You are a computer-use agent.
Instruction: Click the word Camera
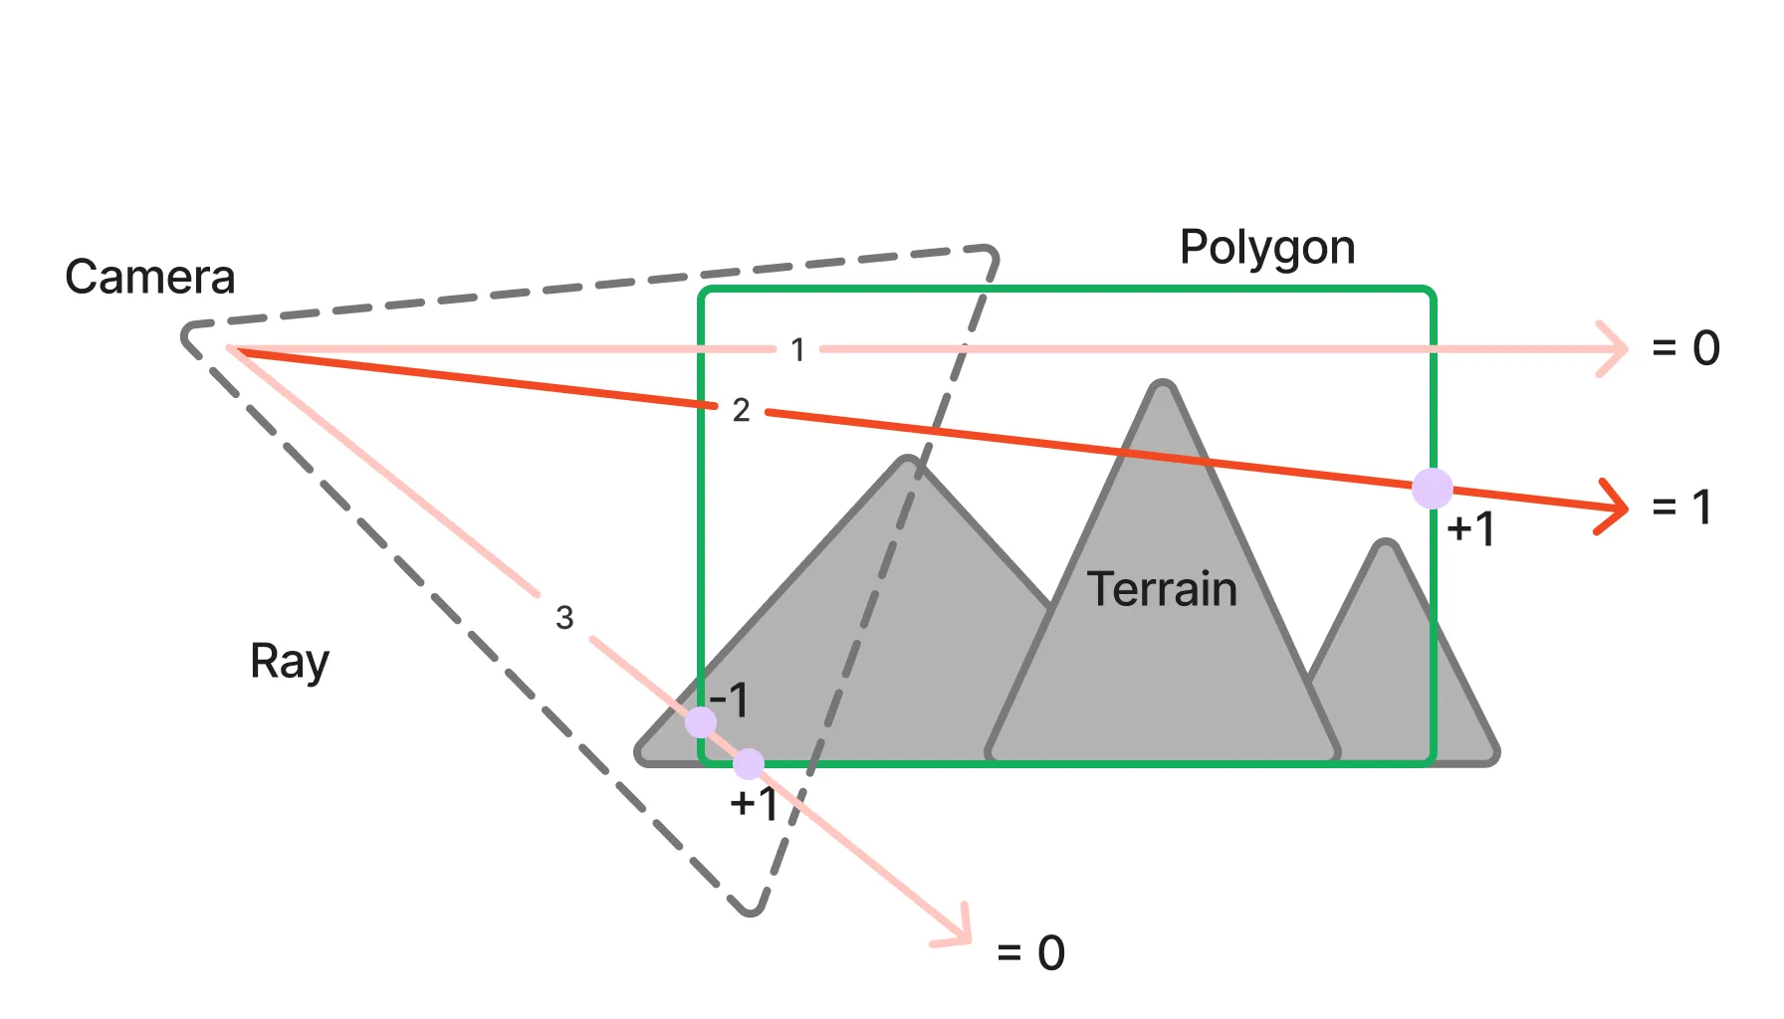149,277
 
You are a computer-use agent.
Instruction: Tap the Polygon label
1266,247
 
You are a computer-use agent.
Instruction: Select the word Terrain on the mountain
1161,589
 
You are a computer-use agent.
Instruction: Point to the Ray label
289,662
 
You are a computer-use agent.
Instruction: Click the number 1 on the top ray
797,349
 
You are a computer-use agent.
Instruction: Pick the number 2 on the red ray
741,410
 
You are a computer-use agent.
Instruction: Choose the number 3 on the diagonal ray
564,618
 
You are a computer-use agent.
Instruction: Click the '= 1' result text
1681,508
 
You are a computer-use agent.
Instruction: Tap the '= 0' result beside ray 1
1685,348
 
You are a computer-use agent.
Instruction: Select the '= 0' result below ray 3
1030,953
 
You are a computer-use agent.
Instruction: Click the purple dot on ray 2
1433,489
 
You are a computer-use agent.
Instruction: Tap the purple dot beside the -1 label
701,722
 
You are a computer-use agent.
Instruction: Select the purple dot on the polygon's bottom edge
749,764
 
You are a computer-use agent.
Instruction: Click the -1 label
729,701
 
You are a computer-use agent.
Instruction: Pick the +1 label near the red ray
1470,528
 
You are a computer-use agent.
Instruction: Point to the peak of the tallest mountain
1162,387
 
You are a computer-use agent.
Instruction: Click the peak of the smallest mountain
1385,546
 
